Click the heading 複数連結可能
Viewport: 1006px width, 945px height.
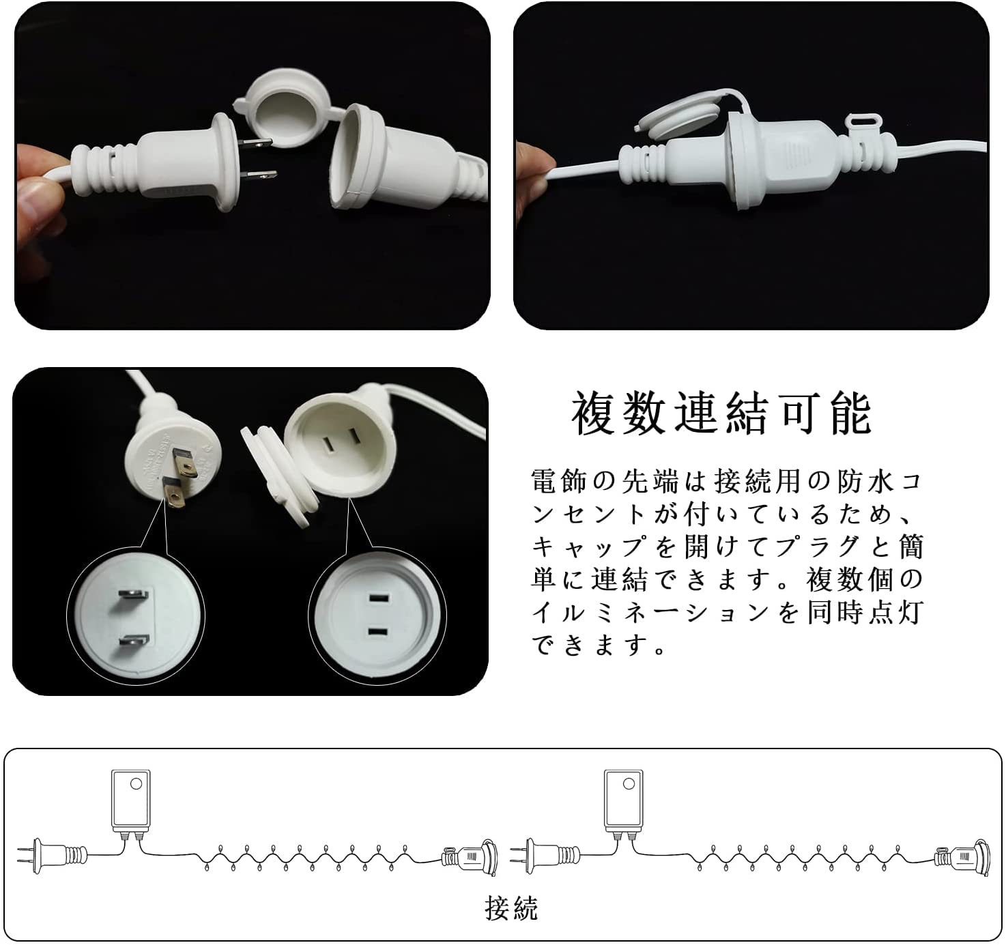pos(722,413)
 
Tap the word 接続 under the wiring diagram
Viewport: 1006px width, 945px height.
pos(511,908)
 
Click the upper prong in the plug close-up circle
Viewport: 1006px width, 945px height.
pos(133,594)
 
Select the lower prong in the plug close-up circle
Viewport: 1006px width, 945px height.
pos(134,640)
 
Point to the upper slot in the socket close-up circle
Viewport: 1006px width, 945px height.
pos(379,599)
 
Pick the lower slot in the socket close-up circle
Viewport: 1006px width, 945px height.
pos(379,632)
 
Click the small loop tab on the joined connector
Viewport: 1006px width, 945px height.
pos(864,122)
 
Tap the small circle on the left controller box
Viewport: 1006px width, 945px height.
pos(136,784)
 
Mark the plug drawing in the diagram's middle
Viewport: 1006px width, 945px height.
pos(545,856)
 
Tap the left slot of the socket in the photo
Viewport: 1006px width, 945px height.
pos(328,444)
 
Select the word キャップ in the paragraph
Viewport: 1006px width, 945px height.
pos(588,547)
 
